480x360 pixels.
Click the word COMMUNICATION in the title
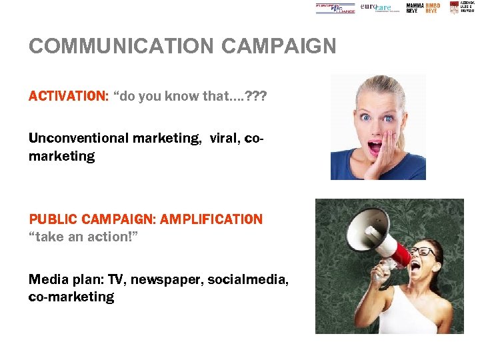click(122, 46)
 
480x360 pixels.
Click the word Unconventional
click(78, 138)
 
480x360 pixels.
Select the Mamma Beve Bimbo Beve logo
click(423, 7)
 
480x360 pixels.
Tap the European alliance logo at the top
click(335, 8)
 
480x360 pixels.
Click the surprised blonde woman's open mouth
click(375, 145)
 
